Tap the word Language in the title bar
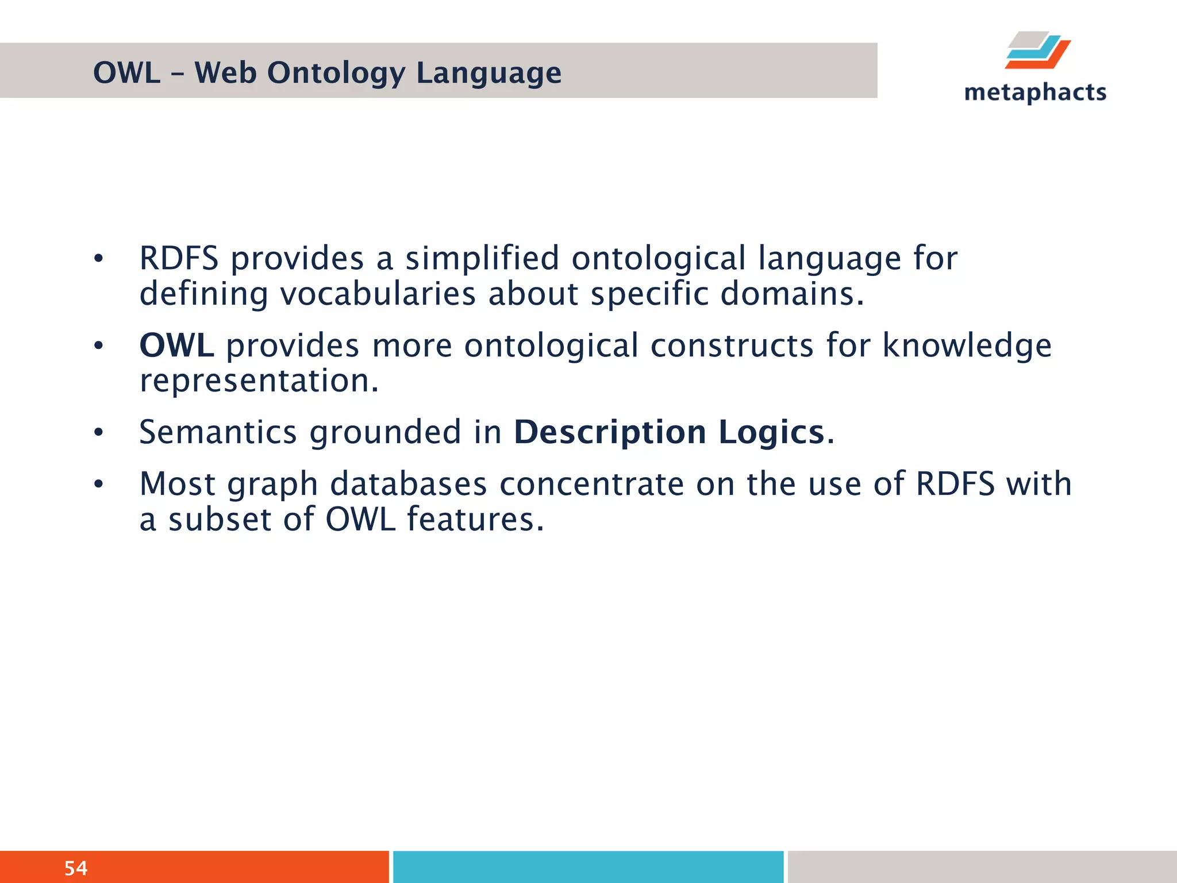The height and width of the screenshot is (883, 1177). tap(489, 74)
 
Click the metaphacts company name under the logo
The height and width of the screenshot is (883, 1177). tap(1035, 92)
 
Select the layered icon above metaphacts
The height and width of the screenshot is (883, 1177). tap(1038, 51)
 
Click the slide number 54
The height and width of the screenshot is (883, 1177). tap(76, 867)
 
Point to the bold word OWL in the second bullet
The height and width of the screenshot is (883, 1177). tap(176, 345)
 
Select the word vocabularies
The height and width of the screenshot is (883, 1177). tap(378, 293)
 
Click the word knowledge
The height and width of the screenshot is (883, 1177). tap(967, 345)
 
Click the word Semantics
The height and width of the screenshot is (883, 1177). tap(218, 432)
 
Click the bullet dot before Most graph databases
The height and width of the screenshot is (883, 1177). tap(99, 485)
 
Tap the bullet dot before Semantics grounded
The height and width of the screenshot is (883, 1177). tap(99, 433)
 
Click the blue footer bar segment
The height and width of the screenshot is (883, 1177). tap(588, 866)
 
